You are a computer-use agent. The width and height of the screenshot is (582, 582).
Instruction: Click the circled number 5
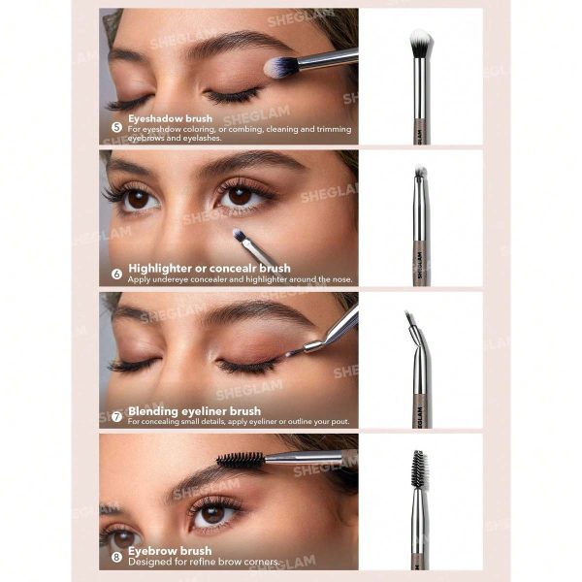click(116, 126)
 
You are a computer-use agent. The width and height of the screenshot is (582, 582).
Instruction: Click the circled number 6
click(116, 274)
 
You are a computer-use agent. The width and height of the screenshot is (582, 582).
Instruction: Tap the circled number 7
click(116, 417)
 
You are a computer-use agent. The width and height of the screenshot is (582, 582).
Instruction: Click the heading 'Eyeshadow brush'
click(170, 119)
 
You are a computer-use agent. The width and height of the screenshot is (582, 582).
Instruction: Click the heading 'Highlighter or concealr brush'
click(209, 268)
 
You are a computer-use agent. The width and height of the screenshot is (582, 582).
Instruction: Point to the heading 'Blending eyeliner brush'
click(194, 410)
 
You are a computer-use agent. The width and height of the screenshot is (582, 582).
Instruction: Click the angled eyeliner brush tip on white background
click(411, 323)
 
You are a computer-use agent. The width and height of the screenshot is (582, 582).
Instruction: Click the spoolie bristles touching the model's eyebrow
click(240, 458)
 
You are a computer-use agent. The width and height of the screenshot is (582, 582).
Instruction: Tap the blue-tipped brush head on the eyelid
click(281, 66)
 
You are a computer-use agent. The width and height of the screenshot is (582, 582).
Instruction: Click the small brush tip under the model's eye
click(239, 235)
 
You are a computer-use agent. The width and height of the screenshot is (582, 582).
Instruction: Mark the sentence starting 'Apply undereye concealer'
click(241, 279)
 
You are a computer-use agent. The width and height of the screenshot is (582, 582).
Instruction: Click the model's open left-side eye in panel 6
click(136, 198)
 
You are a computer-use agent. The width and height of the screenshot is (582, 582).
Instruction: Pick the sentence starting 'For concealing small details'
click(238, 422)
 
